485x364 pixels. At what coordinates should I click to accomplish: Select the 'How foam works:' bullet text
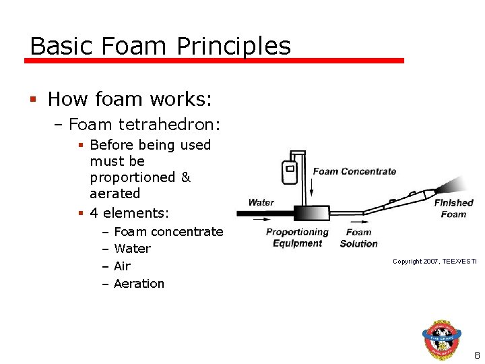130,100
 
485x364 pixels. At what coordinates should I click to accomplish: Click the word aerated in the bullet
115,193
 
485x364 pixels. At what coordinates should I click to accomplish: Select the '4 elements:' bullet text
129,213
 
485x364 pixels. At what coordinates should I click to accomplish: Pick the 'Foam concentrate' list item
168,232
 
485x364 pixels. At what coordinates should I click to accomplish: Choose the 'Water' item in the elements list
132,249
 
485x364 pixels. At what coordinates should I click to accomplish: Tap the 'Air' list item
122,266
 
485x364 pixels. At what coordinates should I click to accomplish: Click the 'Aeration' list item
139,284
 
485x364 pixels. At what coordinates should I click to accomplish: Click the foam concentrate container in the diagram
290,173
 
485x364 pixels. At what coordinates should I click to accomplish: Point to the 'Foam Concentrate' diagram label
354,171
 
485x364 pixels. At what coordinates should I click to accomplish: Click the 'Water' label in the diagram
261,202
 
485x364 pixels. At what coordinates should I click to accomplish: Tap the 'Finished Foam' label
453,208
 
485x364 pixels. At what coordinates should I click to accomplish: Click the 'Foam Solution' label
358,238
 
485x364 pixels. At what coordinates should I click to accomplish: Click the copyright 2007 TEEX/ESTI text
434,261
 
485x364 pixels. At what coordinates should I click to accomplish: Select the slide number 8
476,355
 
